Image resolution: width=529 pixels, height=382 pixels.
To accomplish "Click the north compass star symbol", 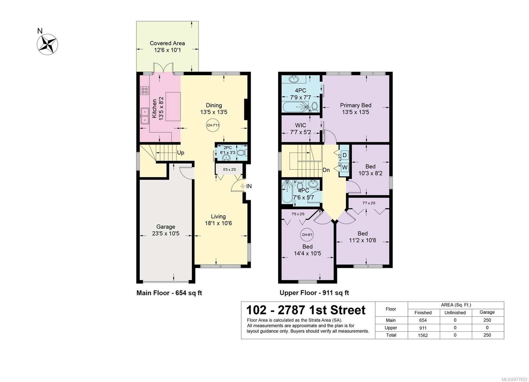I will [x=48, y=44].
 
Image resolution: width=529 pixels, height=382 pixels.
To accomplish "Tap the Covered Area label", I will [x=167, y=47].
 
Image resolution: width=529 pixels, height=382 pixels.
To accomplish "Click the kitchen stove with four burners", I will [x=144, y=90].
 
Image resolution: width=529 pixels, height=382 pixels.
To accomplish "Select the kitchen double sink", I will [x=144, y=116].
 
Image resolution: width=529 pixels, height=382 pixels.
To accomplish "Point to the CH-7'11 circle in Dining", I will [x=213, y=125].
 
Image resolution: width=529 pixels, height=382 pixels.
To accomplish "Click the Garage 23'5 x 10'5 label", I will [x=166, y=230].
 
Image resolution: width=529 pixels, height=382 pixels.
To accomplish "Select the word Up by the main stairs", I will [x=181, y=152].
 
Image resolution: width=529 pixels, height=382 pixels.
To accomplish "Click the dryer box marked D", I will [x=345, y=155].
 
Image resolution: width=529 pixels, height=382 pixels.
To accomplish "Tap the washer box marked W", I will [x=345, y=167].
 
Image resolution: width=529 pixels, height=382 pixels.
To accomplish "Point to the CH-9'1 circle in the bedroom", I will [x=307, y=235].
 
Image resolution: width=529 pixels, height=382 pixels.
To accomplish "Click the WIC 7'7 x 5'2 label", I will [x=301, y=129].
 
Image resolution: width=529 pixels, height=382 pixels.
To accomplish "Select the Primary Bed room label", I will [x=355, y=108].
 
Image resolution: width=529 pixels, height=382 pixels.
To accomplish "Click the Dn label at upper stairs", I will [x=326, y=170].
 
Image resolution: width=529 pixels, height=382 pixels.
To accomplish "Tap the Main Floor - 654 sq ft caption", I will [x=169, y=293].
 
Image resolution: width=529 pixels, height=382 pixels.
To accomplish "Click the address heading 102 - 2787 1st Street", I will [x=306, y=310].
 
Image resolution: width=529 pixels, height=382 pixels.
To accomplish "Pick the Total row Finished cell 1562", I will [x=423, y=335].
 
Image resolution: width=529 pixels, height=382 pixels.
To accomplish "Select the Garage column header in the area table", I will [x=487, y=312].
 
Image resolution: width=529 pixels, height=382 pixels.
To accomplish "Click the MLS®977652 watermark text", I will [x=514, y=379].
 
